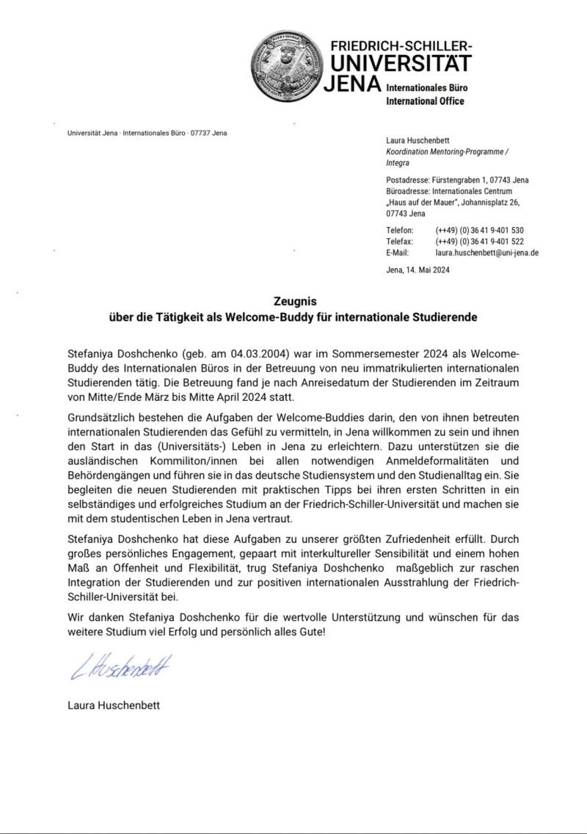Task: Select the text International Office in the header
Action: (x=425, y=101)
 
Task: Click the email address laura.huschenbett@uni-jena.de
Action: (x=487, y=252)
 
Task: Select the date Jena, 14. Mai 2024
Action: (x=418, y=270)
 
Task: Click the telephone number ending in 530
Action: (x=479, y=230)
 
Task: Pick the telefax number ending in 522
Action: (x=479, y=241)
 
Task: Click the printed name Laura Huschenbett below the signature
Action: (x=114, y=706)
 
